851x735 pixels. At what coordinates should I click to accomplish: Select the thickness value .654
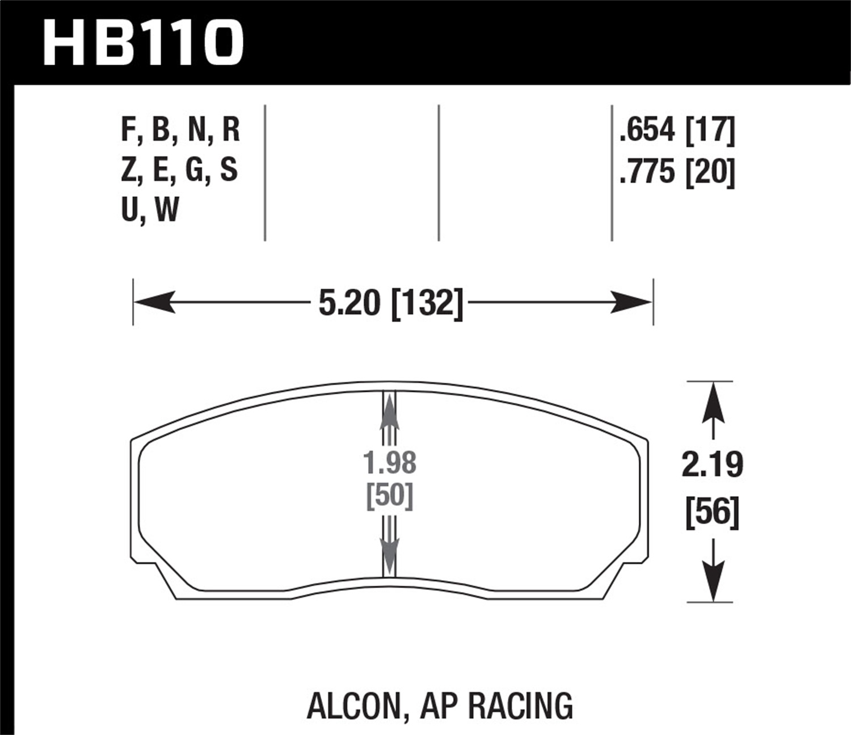tap(647, 130)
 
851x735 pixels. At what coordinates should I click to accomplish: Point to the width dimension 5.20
tap(348, 303)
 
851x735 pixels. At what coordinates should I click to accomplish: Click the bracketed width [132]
tap(427, 303)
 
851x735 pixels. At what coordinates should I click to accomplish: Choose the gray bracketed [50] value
tap(390, 496)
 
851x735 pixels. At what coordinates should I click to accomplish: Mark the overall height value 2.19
tap(712, 465)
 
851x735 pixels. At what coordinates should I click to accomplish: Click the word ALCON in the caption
tap(353, 706)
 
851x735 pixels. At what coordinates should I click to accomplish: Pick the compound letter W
tap(167, 210)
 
